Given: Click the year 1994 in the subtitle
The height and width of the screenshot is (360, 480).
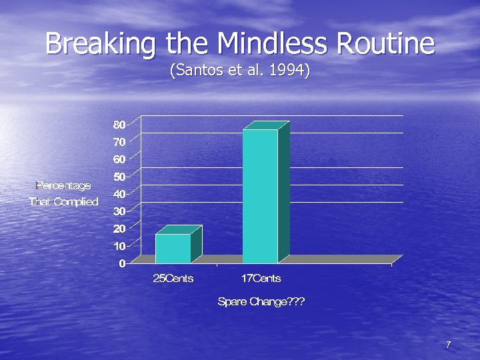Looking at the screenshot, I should (x=287, y=70).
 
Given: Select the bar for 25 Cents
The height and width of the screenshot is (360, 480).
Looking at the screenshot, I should (x=173, y=248).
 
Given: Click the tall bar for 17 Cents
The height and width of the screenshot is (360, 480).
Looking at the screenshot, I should (x=261, y=196).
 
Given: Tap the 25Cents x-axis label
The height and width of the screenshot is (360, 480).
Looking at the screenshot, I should (x=173, y=278).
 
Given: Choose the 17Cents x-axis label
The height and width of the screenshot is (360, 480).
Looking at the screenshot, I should (x=261, y=278).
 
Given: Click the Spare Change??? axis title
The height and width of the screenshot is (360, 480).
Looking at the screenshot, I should (x=261, y=302).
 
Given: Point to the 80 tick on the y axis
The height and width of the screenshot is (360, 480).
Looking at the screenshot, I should (x=119, y=125).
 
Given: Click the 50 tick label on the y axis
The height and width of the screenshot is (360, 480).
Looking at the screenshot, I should (x=119, y=177).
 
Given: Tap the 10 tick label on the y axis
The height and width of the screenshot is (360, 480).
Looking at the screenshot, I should (x=119, y=246).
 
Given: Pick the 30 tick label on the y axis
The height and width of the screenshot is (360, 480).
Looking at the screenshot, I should (x=119, y=211).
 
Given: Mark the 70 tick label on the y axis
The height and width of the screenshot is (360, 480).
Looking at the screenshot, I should (x=119, y=142).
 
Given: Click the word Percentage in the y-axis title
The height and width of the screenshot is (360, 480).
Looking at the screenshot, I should (x=63, y=185).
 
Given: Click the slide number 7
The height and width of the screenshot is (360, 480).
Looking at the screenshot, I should (x=448, y=345).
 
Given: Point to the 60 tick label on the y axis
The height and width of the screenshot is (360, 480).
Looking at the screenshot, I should (x=119, y=159).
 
